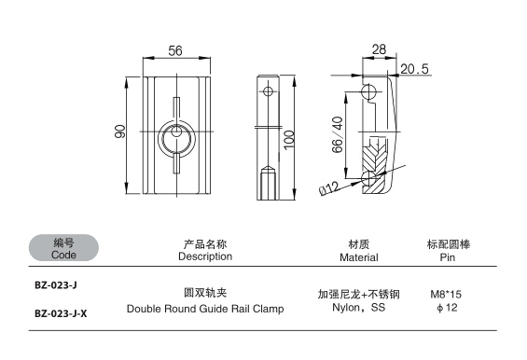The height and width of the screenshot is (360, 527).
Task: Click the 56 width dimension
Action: click(x=175, y=51)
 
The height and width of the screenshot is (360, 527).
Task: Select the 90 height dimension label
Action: click(x=120, y=132)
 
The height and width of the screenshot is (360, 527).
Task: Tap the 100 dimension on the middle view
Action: click(x=289, y=140)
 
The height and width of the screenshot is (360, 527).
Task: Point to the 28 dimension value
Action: click(x=379, y=49)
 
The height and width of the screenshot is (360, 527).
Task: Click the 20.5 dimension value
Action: click(x=414, y=69)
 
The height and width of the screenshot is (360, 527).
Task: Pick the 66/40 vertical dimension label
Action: click(x=337, y=134)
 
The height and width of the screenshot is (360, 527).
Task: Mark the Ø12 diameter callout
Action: click(x=329, y=187)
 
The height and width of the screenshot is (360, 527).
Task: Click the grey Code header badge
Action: click(x=63, y=248)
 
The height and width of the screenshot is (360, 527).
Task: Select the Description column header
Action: click(x=205, y=251)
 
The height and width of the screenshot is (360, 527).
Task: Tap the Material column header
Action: click(x=358, y=251)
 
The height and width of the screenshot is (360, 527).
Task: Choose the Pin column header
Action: click(x=448, y=251)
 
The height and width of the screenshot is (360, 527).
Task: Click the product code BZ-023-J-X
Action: click(x=61, y=313)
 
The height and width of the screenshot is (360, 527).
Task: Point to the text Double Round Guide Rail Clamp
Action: click(x=205, y=309)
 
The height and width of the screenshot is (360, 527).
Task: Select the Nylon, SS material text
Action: click(x=358, y=308)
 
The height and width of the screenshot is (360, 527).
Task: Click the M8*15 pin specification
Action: click(x=446, y=295)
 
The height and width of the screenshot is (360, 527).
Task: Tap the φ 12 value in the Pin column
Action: click(x=447, y=308)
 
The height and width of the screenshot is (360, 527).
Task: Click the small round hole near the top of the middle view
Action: click(x=268, y=91)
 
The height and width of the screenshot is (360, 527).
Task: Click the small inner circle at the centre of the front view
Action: click(x=176, y=132)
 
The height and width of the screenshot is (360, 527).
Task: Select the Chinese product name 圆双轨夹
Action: click(x=205, y=293)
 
